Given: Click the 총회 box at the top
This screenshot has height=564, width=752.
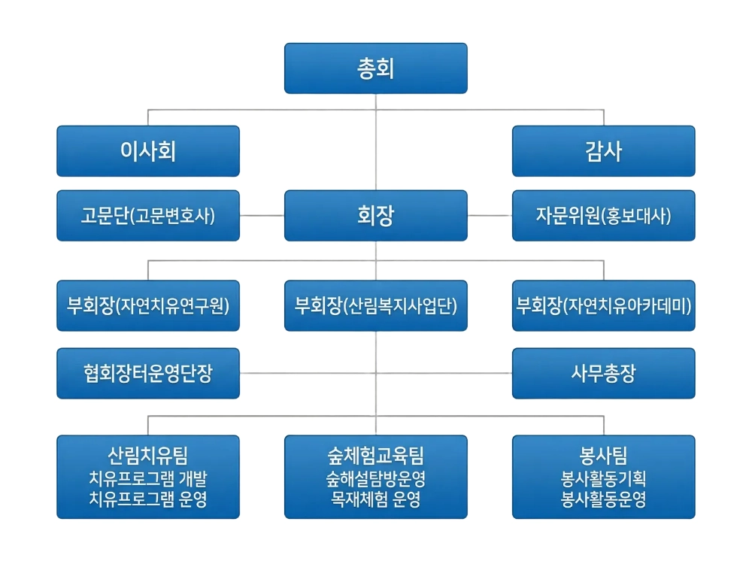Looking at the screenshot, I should (375, 68).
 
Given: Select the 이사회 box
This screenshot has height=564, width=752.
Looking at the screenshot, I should (148, 151).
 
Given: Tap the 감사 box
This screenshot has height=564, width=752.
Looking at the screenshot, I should (603, 151).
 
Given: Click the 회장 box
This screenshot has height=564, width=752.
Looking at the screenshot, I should (375, 216).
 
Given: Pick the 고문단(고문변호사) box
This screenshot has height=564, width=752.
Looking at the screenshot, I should (148, 216).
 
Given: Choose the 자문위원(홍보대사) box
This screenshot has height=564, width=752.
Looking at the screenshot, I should (603, 216).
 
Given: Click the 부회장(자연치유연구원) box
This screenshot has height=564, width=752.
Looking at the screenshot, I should (148, 306).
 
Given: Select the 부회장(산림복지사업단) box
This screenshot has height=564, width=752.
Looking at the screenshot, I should (375, 306).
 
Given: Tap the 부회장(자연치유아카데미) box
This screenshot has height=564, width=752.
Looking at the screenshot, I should (603, 306).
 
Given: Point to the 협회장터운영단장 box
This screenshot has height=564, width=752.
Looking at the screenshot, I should (148, 373).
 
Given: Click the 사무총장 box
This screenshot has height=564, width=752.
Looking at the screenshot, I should (603, 373).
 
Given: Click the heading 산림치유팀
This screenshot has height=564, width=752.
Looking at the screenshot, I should (148, 455).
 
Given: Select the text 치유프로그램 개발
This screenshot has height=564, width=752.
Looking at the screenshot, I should (148, 478).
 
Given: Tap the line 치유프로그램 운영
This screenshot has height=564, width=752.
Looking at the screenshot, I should (148, 498).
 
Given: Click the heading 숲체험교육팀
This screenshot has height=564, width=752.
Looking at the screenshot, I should (375, 455).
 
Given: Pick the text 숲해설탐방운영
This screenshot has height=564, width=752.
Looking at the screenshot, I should (375, 478).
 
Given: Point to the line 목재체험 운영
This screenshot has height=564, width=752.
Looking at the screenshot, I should (375, 498).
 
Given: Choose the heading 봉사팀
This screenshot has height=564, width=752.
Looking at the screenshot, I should (603, 455).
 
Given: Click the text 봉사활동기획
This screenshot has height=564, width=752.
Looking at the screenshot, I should (603, 478).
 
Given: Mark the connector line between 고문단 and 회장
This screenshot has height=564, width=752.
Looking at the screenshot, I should (262, 216).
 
